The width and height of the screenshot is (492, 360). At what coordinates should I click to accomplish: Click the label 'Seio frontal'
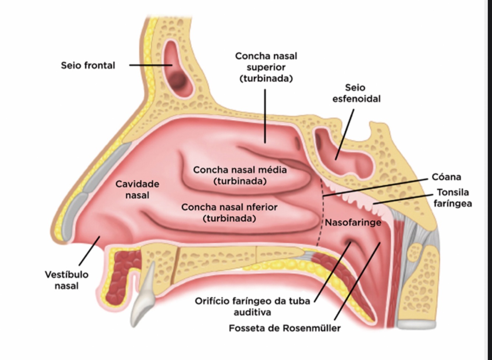tap(88, 66)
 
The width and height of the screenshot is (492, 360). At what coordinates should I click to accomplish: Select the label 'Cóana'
tap(446, 177)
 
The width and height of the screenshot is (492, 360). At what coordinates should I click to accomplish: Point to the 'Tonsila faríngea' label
tap(453, 198)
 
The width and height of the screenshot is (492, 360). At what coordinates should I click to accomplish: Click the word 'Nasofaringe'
tap(353, 223)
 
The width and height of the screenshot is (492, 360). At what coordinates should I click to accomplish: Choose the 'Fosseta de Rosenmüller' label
tap(284, 328)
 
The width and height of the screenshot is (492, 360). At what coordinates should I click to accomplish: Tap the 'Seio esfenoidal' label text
tap(356, 93)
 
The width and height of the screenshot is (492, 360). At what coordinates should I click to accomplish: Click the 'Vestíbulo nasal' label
tap(67, 280)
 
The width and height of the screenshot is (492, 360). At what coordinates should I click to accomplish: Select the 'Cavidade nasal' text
tap(137, 189)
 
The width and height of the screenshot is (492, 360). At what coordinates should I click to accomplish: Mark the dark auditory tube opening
tap(349, 242)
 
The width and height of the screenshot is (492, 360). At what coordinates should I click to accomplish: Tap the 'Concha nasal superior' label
tap(266, 67)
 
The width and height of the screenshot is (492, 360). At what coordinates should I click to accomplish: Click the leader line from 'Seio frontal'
tap(150, 65)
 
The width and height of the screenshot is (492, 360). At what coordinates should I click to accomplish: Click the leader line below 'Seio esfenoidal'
tap(345, 135)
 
